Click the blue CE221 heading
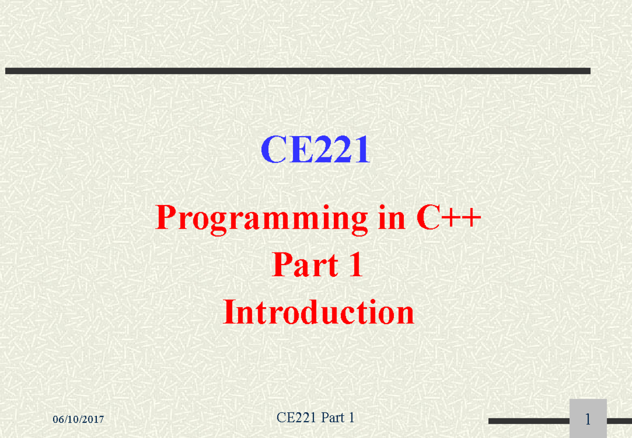tap(315, 149)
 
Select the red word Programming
tap(262, 220)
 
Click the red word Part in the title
tap(305, 265)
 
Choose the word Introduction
tap(319, 312)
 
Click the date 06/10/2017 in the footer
tap(78, 420)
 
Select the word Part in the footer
tap(333, 417)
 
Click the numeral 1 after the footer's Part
tap(352, 417)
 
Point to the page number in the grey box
tap(588, 420)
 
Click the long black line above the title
tap(298, 71)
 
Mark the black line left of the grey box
tap(529, 421)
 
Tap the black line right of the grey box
tap(619, 421)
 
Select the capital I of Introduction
tap(230, 312)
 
